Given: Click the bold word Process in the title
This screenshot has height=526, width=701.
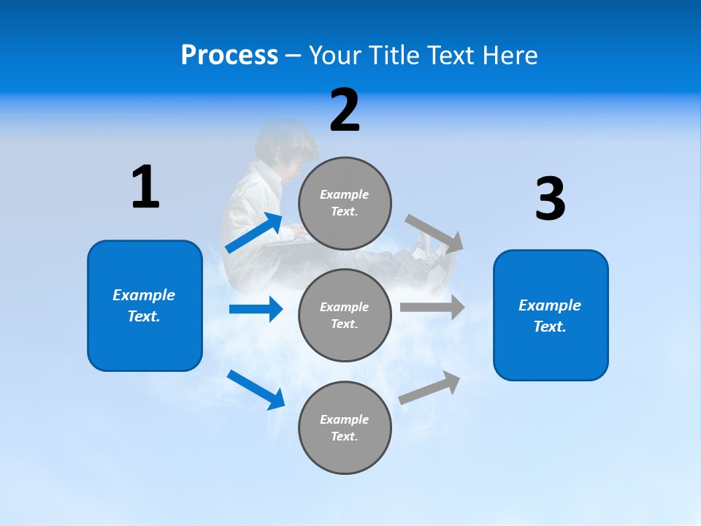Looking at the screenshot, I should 229,55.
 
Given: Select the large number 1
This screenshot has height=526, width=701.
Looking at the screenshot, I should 145,188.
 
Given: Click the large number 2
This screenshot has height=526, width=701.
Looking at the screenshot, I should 345,110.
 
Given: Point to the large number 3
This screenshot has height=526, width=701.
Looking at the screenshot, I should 550,199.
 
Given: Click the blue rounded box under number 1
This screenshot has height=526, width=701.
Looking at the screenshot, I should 145,305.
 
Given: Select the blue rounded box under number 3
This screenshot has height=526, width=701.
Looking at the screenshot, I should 551,316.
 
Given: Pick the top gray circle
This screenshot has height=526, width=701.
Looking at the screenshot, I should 345,203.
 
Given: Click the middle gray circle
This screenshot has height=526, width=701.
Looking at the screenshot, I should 345,316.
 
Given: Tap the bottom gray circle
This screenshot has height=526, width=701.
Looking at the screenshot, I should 345,428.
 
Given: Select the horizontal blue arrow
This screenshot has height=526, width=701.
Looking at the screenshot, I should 256,309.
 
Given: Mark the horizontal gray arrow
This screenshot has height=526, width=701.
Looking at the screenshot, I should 432,307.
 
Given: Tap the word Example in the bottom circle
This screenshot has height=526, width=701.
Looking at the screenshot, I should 344,419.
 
